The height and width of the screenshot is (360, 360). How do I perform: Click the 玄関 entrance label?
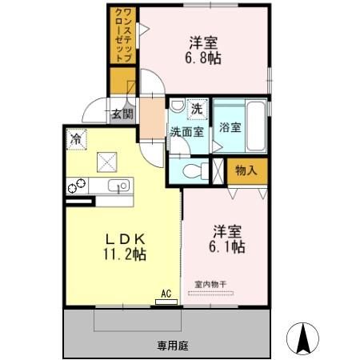122,114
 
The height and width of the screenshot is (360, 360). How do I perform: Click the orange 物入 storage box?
246,170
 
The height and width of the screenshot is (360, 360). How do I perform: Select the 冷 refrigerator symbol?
74,138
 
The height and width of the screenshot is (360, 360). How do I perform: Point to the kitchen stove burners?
75,187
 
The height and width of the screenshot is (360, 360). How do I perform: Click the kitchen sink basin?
121,187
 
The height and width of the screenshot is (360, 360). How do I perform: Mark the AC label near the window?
166,294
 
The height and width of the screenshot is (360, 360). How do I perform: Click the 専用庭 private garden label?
172,346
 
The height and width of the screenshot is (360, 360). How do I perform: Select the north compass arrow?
305,337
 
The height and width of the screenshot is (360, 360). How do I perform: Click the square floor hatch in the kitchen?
106,160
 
